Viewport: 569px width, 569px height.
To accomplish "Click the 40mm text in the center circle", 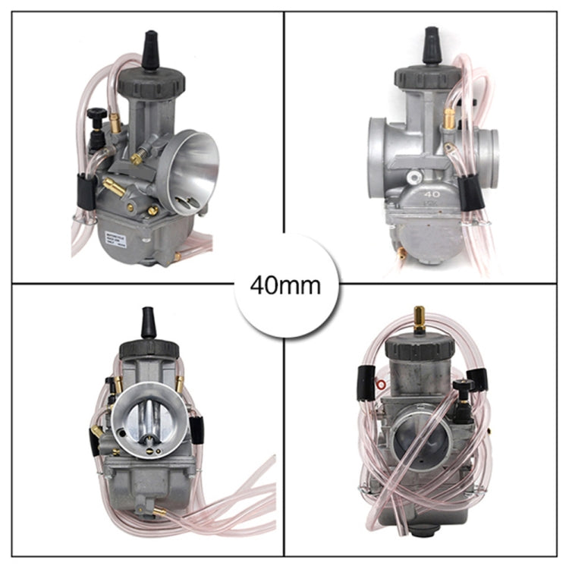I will coord(284,287).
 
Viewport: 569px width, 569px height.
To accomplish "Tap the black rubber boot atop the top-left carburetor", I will coord(150,52).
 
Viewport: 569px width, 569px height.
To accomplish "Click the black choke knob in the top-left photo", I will coord(95,115).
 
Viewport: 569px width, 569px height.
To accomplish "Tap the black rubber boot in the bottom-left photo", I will coord(149,323).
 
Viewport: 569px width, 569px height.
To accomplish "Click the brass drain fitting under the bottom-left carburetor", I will coord(161,512).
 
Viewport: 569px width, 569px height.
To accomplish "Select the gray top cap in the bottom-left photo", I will coord(149,348).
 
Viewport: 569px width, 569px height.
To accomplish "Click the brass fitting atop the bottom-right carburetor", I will coord(418,318).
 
